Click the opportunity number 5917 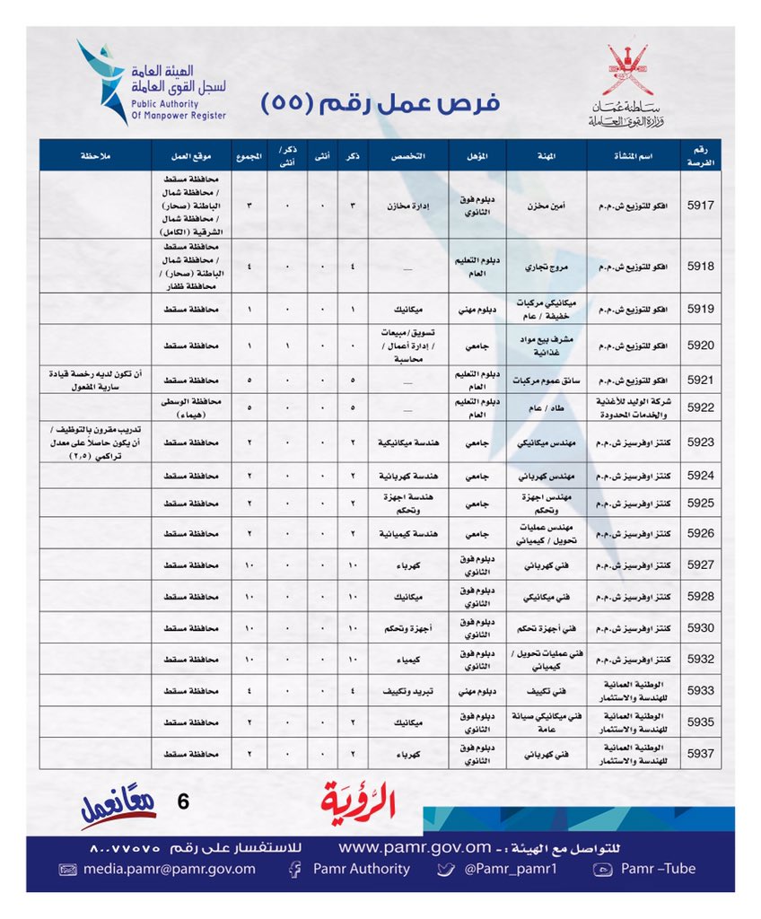point(700,205)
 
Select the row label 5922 point(700,407)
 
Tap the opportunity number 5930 point(700,627)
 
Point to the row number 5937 point(700,753)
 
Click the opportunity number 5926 point(700,533)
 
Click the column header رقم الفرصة point(700,155)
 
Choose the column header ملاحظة point(95,155)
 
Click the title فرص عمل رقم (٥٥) point(380,102)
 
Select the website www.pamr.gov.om point(415,846)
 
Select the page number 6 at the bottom point(183,802)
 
